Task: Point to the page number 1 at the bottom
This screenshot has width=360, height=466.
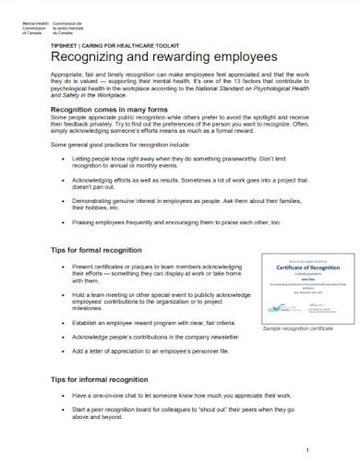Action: [306, 450]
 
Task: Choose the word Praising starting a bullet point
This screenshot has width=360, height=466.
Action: [90, 223]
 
